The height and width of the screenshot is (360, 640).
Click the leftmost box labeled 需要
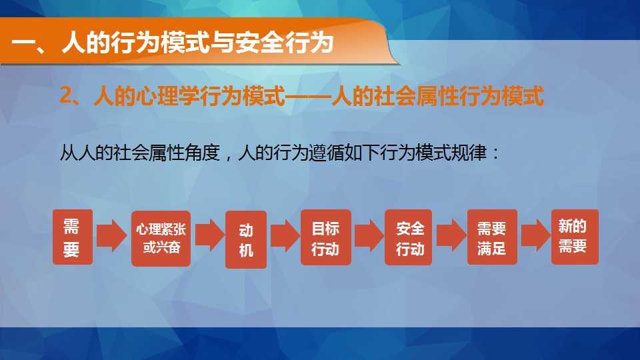pos(73,237)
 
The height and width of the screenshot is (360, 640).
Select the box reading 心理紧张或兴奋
pos(161,239)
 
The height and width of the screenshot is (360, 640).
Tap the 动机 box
pos(246,239)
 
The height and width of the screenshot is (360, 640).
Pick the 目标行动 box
pos(326,237)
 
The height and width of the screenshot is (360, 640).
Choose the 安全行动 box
pos(408,237)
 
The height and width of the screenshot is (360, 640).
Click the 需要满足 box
pos(492,237)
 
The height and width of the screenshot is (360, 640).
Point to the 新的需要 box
pos(575,237)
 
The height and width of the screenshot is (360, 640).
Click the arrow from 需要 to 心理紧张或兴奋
pos(112,235)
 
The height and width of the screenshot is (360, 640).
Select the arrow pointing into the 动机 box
pos(210,235)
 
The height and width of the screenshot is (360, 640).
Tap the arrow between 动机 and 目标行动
pos(285,235)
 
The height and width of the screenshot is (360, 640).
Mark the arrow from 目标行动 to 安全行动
pos(369,235)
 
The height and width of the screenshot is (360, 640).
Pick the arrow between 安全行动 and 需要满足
pos(451,235)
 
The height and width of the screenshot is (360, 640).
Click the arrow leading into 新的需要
pos(536,235)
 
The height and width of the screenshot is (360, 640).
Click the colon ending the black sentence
pos(495,153)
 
